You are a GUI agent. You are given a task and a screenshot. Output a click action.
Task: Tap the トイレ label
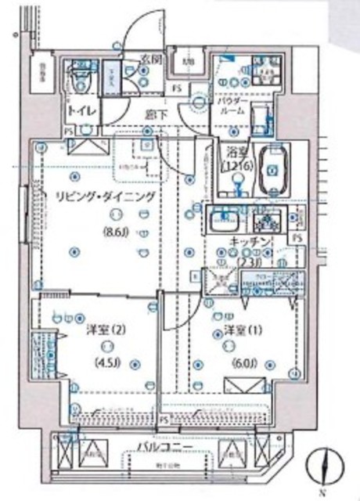(x=82, y=110)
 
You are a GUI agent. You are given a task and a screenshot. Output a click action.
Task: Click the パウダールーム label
(x=232, y=106)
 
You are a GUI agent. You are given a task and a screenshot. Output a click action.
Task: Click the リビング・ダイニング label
(x=98, y=196)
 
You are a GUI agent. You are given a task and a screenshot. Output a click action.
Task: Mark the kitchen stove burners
(x=268, y=219)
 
